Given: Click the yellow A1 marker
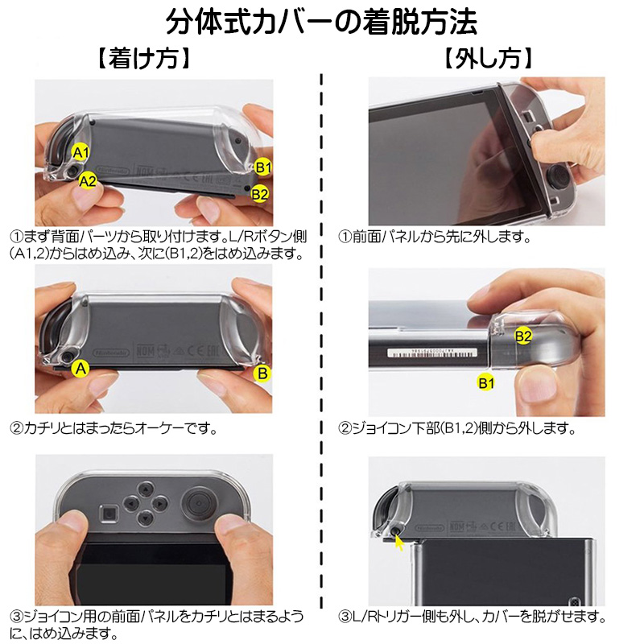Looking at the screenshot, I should click(80, 151).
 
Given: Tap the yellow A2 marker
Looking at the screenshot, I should click(88, 181).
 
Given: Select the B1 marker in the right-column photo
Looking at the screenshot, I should click(485, 383).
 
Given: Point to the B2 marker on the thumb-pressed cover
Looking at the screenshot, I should click(523, 336).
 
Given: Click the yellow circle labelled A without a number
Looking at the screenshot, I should click(79, 369).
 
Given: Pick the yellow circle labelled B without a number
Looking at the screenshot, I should click(262, 373).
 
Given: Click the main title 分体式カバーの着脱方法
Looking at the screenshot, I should click(322, 22).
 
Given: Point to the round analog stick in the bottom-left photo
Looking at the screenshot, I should click(195, 506).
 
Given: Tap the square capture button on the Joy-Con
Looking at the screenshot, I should click(107, 512).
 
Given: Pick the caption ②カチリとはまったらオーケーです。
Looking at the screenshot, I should click(114, 427).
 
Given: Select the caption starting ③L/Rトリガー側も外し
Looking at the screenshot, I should click(472, 617).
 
